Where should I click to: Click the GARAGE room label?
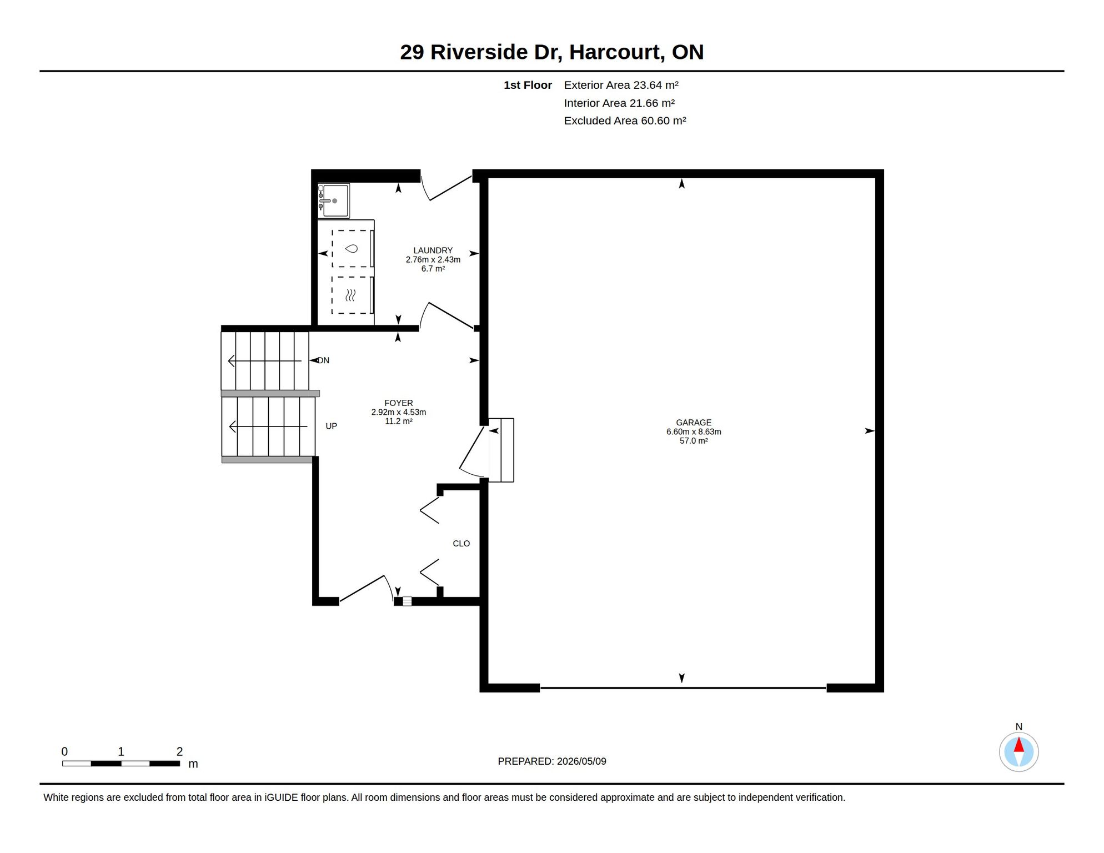coord(693,423)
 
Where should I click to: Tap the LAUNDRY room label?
coord(433,250)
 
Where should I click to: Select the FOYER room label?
coord(398,403)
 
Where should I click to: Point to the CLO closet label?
coord(461,544)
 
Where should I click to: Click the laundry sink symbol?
coord(334,200)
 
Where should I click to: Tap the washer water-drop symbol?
coord(351,248)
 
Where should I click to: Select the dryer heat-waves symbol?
coord(350,295)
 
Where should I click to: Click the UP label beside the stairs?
coord(331,426)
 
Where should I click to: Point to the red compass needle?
coord(1018,745)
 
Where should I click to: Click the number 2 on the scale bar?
coord(179,751)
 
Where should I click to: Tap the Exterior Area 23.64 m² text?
coord(621,85)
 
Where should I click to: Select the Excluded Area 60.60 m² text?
coord(625,121)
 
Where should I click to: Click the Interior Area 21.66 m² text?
coord(619,103)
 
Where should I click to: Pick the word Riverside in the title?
coord(479,52)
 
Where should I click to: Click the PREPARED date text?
coord(551,761)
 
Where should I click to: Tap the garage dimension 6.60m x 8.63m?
coord(694,431)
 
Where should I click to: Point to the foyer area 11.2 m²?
coord(398,421)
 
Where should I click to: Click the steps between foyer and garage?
coord(501,450)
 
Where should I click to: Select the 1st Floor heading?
coord(528,85)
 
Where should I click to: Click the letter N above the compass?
coord(1018,727)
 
